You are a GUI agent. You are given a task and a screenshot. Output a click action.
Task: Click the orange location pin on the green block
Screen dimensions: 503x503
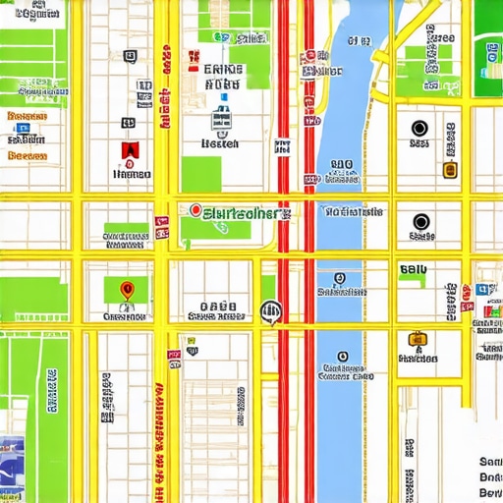click(126, 290)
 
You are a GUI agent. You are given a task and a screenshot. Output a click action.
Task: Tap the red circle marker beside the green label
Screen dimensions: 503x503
click(195, 210)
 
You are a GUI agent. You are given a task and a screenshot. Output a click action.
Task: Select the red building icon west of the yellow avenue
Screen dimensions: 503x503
click(127, 150)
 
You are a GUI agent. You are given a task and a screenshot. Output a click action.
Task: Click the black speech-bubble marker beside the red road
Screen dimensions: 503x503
click(270, 312)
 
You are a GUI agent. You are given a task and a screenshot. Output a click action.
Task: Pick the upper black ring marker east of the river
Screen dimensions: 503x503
click(419, 129)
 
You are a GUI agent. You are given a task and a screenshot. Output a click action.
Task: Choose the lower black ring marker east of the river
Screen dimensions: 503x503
click(421, 222)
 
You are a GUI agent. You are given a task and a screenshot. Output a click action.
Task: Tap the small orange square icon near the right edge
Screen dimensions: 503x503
click(451, 170)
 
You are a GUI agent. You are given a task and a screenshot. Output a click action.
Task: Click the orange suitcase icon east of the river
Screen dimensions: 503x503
click(417, 340)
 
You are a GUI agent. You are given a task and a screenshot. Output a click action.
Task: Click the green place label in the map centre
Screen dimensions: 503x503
click(240, 211)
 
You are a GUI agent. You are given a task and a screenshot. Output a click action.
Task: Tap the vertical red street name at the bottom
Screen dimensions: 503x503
click(158, 442)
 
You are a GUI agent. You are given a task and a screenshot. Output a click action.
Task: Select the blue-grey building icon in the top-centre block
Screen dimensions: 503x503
click(220, 121)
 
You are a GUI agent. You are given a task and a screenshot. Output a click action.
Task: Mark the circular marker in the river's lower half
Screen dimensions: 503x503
click(342, 357)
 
